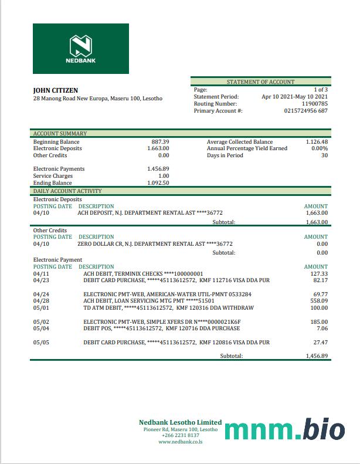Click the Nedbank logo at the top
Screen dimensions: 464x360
pyautogui.click(x=81, y=49)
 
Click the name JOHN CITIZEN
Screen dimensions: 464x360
pyautogui.click(x=55, y=90)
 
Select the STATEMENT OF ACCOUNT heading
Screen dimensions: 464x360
pyautogui.click(x=260, y=82)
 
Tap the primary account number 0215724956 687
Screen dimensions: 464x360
pyautogui.click(x=305, y=111)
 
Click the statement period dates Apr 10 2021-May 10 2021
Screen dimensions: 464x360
pyautogui.click(x=294, y=97)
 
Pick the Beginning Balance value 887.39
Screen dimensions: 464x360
pyautogui.click(x=160, y=142)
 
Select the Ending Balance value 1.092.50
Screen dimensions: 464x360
pyautogui.click(x=158, y=183)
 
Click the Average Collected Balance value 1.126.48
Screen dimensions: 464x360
pyautogui.click(x=317, y=142)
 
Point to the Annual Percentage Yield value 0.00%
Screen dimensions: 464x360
pyautogui.click(x=320, y=149)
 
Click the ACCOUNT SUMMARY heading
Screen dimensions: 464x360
pyautogui.click(x=60, y=134)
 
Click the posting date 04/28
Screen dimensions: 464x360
pyautogui.click(x=41, y=301)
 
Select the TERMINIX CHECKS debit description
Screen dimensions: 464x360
pyautogui.click(x=143, y=274)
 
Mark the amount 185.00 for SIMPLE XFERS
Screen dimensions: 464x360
pyautogui.click(x=320, y=322)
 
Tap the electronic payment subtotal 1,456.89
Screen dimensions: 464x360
pyautogui.click(x=317, y=356)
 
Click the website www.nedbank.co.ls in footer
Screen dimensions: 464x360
pyautogui.click(x=180, y=442)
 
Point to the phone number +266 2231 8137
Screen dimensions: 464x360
pyautogui.click(x=180, y=436)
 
